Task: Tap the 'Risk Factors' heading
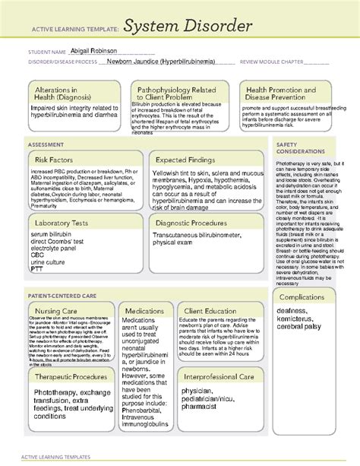coord(55,160)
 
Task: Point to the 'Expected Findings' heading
coord(188,160)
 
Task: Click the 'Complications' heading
coord(302,296)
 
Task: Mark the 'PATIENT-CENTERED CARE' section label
coord(63,293)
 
